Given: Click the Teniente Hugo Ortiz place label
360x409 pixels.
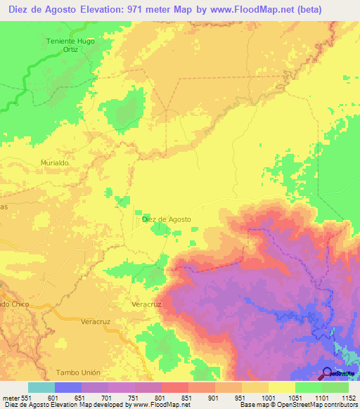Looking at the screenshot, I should (70, 45).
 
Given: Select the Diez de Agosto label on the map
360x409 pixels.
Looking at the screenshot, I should (167, 219).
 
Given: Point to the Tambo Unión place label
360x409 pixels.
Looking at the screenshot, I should (74, 371).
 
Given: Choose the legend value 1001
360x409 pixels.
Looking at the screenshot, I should (268, 398).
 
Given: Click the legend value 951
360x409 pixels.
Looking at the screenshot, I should (241, 398).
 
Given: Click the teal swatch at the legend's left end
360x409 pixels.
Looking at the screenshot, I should (41, 387).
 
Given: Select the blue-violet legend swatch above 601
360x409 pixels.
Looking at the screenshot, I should (68, 387).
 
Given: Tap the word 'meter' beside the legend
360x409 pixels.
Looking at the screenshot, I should (10, 398).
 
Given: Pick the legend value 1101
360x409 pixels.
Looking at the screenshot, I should (321, 398).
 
